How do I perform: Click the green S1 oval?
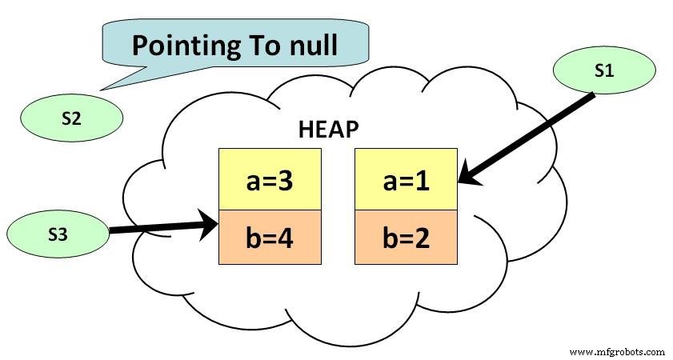[x=604, y=71]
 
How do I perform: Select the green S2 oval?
[x=71, y=118]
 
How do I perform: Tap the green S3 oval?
[x=58, y=234]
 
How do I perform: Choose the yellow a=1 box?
[x=406, y=179]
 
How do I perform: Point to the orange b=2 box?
[x=406, y=237]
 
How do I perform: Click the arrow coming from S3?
[x=160, y=228]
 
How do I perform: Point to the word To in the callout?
[x=255, y=45]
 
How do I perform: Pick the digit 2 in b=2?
[x=429, y=238]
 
